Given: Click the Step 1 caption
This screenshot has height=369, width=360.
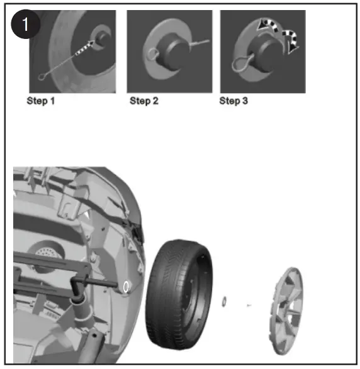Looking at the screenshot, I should tap(40, 101).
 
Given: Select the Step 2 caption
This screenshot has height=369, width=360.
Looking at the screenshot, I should tap(143, 101).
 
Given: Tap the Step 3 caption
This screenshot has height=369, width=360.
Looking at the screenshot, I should tap(233, 101).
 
